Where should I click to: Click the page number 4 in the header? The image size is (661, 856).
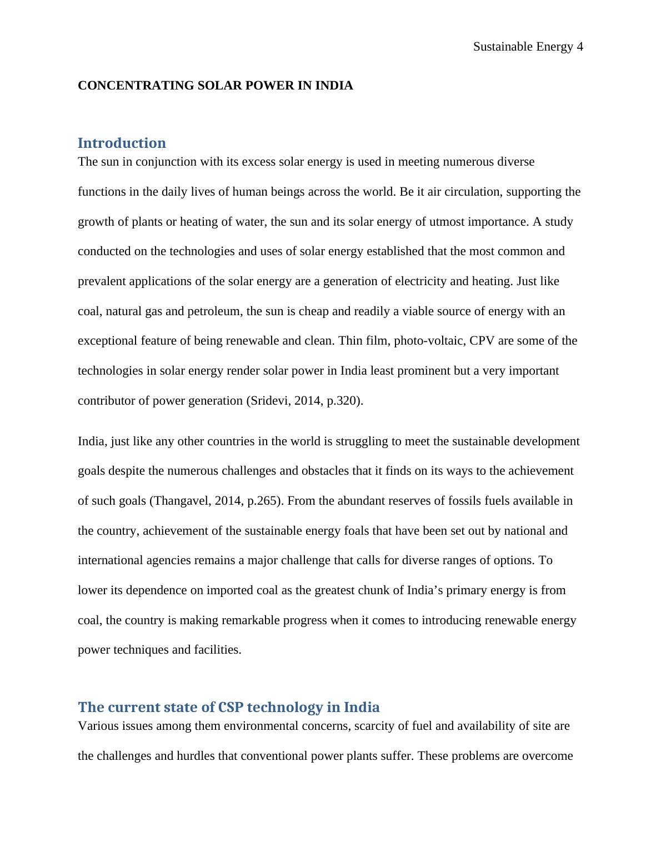tap(580, 47)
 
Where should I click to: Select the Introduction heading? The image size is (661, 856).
tap(122, 143)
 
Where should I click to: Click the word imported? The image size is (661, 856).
tap(229, 590)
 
